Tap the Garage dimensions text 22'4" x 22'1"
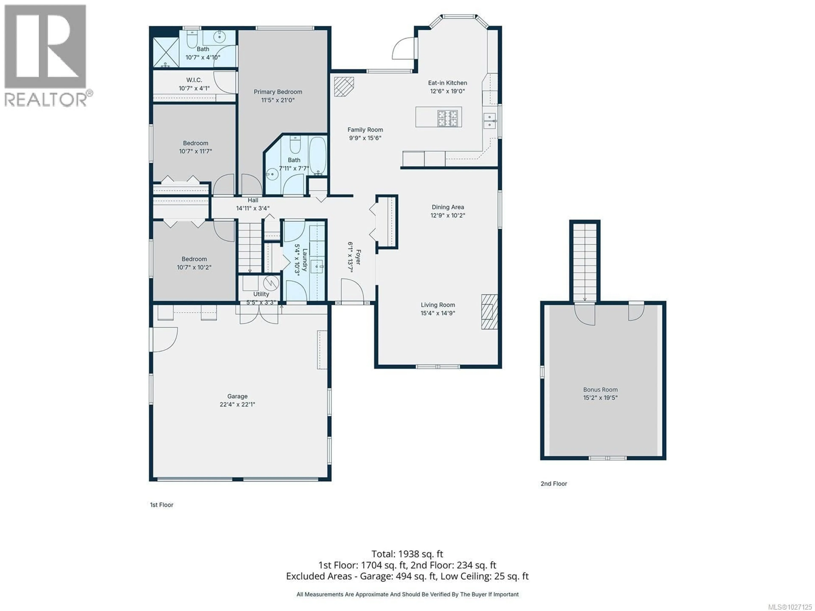click(237, 404)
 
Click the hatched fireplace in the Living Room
click(489, 312)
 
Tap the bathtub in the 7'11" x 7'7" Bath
click(317, 156)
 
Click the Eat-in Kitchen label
click(447, 83)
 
